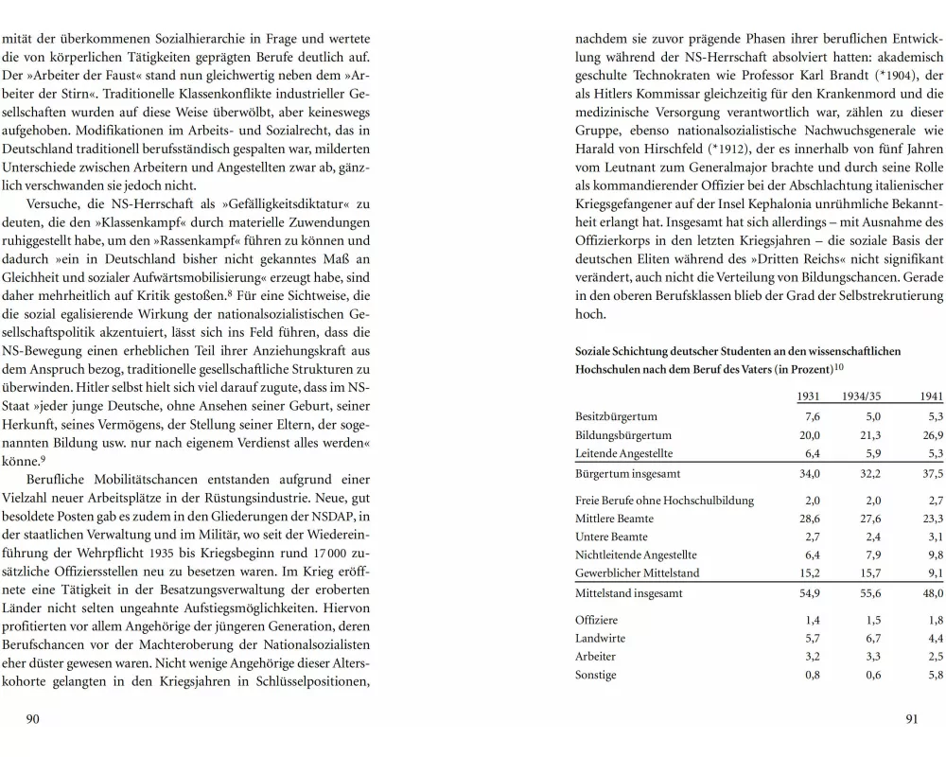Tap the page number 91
pyautogui.click(x=912, y=719)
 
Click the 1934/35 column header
pyautogui.click(x=862, y=396)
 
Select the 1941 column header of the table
pyautogui.click(x=930, y=396)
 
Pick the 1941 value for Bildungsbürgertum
pyautogui.click(x=933, y=435)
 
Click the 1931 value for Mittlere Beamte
pyautogui.click(x=809, y=519)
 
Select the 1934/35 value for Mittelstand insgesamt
pyautogui.click(x=869, y=594)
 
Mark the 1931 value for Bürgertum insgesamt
pyautogui.click(x=809, y=473)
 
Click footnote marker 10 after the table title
pyautogui.click(x=839, y=366)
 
